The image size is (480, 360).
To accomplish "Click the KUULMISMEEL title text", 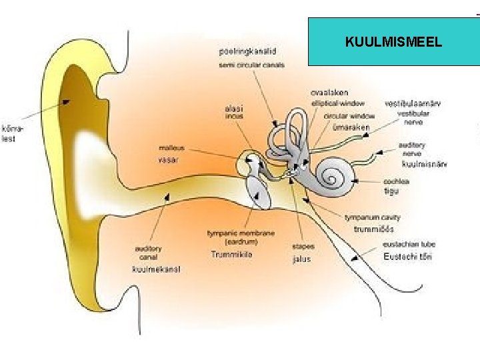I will click(x=393, y=42).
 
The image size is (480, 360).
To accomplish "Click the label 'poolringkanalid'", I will click(x=247, y=51).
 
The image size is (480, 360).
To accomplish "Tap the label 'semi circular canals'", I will click(x=251, y=65).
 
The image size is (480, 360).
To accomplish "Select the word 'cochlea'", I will click(x=396, y=181).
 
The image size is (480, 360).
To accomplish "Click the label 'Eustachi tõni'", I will click(x=407, y=257).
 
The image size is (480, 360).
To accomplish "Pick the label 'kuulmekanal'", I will click(x=156, y=269).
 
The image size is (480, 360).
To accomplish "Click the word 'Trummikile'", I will click(x=231, y=255).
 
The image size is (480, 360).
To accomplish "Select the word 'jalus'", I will click(x=301, y=259).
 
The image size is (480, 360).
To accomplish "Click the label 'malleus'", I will click(x=171, y=147).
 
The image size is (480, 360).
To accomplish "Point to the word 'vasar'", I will click(x=169, y=159).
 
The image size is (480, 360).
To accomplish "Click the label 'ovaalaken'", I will click(x=329, y=93).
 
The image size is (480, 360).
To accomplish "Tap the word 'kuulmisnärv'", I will click(x=424, y=163).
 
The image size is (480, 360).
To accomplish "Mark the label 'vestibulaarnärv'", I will click(x=412, y=103).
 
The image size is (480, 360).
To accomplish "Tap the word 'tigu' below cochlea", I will click(x=391, y=191).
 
